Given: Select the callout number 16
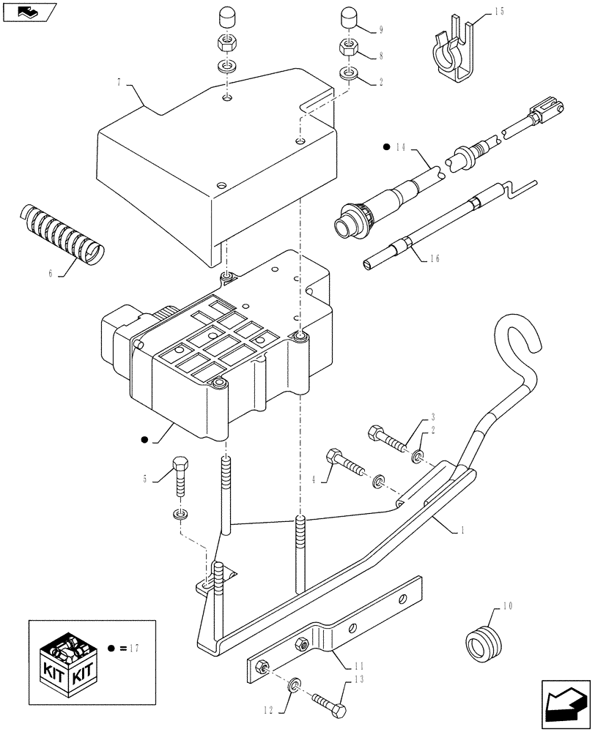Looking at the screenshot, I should (437, 260).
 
